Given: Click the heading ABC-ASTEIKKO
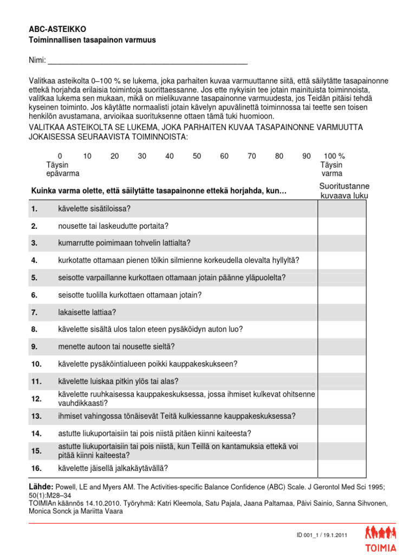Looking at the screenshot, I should (57, 29).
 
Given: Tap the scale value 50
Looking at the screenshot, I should (197, 156).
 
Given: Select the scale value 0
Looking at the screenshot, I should (60, 156).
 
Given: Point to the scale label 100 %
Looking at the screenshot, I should (334, 156).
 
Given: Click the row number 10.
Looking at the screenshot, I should (36, 364).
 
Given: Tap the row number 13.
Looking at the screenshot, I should (36, 416).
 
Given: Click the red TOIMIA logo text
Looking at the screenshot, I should (380, 547).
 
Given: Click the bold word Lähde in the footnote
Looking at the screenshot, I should (41, 487).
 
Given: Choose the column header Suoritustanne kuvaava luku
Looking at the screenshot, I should (344, 191).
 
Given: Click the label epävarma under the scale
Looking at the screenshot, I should (63, 173).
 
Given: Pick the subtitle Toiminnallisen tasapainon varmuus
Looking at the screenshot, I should (92, 40).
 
